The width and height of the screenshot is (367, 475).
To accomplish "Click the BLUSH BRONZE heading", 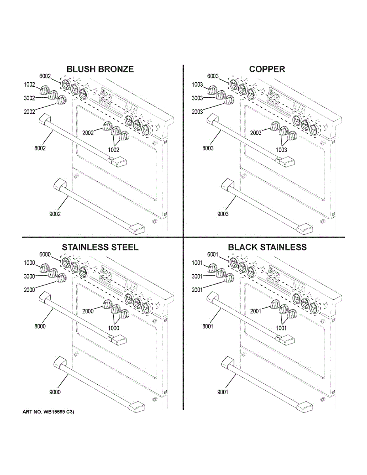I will coord(100,69).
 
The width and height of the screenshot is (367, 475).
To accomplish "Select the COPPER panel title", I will coord(267,69).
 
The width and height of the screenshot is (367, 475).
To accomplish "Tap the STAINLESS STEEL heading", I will coord(100,247).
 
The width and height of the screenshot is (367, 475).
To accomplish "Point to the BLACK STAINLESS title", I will coord(267,247).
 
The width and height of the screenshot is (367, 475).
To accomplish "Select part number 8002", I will coord(40,148).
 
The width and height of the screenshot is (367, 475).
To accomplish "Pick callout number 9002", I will coord(55,214).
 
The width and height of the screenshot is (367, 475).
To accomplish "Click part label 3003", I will coord(197,98).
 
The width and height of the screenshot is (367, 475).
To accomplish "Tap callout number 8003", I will coord(208,148).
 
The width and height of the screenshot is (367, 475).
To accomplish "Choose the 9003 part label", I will coord(222,214).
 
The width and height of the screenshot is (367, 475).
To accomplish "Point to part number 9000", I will coord(55,392).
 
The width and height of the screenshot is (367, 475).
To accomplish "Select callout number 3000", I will coord(29,276).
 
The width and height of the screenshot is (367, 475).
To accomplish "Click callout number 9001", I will coord(222,392).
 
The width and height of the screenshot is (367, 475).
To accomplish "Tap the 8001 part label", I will coord(208,327).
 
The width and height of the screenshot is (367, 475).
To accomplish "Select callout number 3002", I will coord(29,98).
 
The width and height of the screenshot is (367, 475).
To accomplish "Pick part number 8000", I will coord(40,327).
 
